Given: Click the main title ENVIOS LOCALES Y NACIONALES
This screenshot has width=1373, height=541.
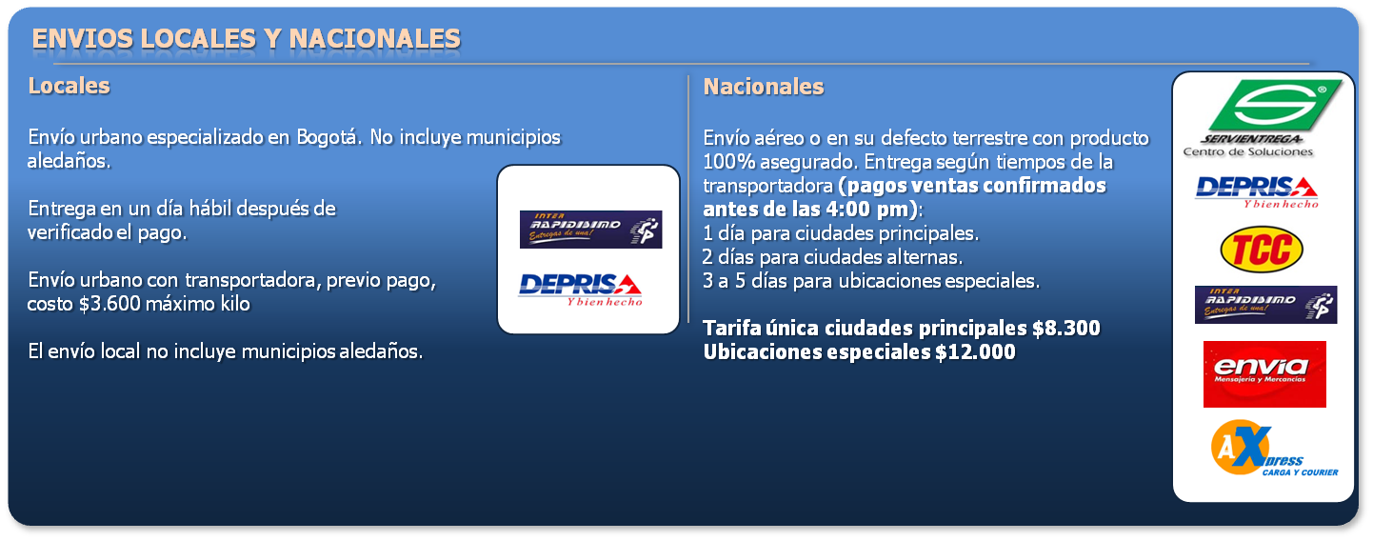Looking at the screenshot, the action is point(246,39).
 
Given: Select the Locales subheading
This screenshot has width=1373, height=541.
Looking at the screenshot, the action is point(70,86).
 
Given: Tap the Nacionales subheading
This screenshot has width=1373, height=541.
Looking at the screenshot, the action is point(763,87).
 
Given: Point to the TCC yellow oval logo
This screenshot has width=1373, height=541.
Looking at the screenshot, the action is point(1262,249).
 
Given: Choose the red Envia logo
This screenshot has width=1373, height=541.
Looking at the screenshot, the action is point(1264,374).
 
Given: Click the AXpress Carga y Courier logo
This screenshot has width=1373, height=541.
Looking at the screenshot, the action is point(1274,448).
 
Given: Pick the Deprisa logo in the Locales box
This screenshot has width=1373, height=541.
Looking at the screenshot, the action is point(580,290).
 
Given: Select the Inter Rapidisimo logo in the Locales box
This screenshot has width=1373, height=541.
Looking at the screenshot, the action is point(591,230).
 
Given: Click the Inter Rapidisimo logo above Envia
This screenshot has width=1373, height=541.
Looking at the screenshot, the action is point(1265,304).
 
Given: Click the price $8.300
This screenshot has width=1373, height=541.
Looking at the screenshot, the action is point(1065,329).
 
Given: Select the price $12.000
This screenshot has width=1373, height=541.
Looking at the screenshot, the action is point(975,352).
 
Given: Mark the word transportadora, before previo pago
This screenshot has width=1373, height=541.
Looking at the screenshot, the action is point(252,280).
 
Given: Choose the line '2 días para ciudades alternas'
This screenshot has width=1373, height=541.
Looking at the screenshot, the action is point(832,257).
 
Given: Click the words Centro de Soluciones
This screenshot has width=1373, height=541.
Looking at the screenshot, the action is point(1248,152).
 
